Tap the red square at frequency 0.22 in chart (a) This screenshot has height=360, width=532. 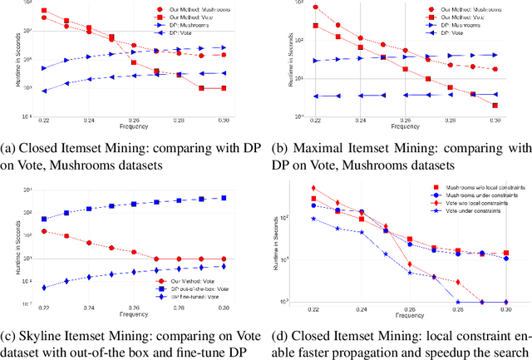click(x=44, y=11)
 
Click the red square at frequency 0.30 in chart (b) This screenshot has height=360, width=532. click(x=495, y=106)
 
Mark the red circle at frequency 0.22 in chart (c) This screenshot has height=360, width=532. click(x=44, y=232)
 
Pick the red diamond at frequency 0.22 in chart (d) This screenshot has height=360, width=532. click(x=313, y=188)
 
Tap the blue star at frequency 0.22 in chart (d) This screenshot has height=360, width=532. click(x=313, y=219)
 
